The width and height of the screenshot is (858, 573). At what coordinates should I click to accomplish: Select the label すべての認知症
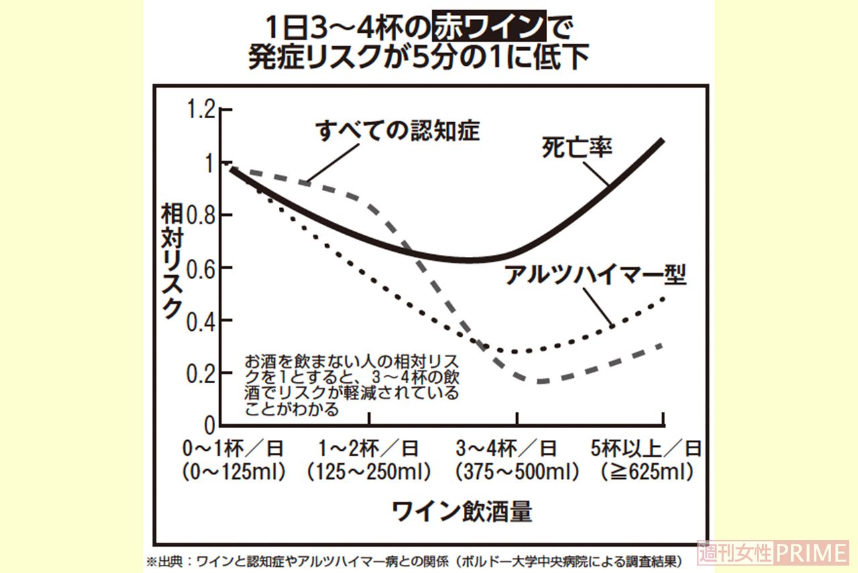[x=397, y=131]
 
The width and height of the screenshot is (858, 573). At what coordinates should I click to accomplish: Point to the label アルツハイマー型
[x=595, y=276]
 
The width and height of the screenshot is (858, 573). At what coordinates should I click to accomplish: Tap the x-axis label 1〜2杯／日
[x=369, y=448]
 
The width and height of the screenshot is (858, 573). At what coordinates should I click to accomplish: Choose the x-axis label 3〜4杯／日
[x=516, y=448]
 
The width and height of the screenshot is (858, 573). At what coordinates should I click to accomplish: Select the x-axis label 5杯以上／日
[x=646, y=448]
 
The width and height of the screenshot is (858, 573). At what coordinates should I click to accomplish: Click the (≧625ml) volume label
[x=646, y=472]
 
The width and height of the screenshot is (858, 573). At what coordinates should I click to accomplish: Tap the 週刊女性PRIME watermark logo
[x=773, y=553]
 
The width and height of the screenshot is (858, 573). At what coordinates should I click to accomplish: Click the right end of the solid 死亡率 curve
[x=662, y=140]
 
